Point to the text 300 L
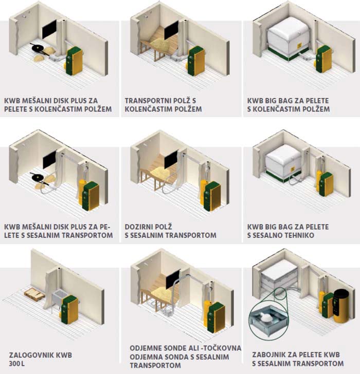tap(16, 364)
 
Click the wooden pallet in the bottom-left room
tap(34, 294)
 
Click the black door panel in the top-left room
tap(49, 29)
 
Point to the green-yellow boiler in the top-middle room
tap(196, 61)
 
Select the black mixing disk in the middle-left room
tap(38, 177)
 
